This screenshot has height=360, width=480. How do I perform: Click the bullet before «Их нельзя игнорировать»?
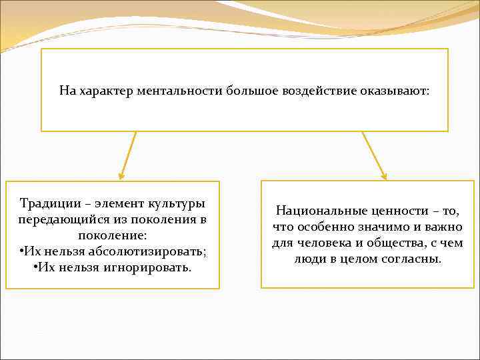(x=34, y=267)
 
